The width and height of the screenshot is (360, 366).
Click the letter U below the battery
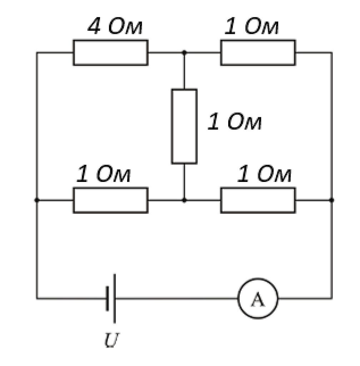point(112,340)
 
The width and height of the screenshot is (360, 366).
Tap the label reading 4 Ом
point(115,26)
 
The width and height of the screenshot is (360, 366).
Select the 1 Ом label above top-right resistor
point(251,26)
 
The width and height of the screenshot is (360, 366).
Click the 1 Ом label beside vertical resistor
point(234,122)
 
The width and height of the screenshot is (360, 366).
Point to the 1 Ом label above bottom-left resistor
point(103,174)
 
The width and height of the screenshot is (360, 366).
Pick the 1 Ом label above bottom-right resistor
point(264,174)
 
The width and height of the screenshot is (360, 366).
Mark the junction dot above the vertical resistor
point(184,53)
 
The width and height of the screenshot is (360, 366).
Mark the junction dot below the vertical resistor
point(184,200)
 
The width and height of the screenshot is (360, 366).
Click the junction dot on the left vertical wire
point(36,200)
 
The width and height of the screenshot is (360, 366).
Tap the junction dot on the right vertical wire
point(331,200)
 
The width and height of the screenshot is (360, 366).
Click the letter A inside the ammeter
point(258,299)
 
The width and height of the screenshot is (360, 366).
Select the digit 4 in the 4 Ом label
point(94,26)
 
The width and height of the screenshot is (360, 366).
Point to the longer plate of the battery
point(115,298)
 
